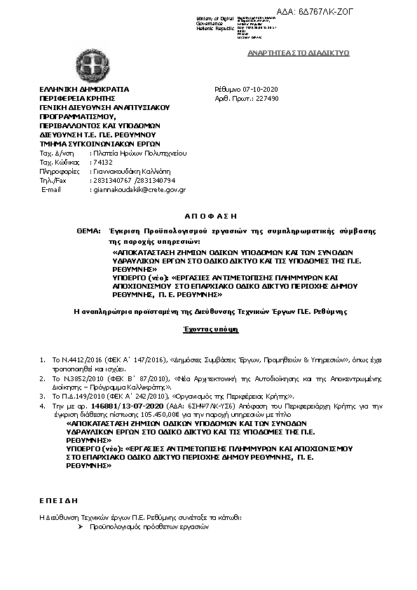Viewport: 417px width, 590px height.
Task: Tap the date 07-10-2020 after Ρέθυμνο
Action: point(261,90)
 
